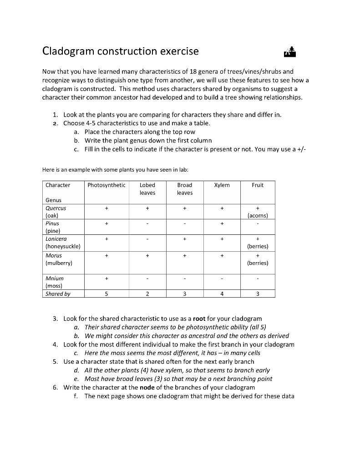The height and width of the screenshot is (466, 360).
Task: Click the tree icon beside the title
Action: [290, 52]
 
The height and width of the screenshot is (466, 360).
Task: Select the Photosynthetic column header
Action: [106, 185]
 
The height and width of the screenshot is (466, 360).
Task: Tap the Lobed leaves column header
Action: [147, 189]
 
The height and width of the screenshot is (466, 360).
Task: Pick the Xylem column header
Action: [222, 185]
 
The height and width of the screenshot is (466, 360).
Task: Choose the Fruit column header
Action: [258, 185]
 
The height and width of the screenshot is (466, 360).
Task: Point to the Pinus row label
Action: [52, 223]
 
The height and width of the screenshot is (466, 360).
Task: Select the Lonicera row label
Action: [56, 238]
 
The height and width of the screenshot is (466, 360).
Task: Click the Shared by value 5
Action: [106, 294]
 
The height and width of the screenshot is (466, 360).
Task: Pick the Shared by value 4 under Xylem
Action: [222, 294]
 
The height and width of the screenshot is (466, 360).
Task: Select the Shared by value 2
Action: [147, 294]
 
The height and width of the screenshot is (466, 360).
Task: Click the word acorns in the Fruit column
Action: [258, 216]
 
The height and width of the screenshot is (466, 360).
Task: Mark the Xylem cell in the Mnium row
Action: [222, 278]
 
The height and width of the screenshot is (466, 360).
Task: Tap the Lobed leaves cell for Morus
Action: [147, 256]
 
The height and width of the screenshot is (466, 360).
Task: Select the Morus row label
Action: [54, 256]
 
